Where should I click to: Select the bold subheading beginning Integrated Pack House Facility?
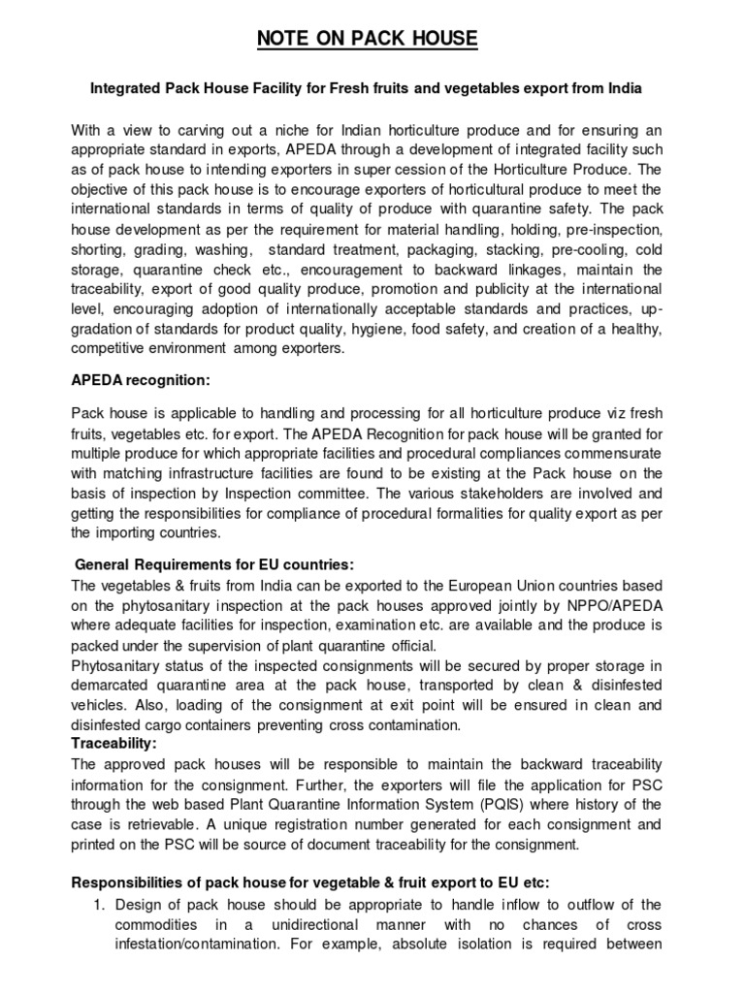pyautogui.click(x=367, y=87)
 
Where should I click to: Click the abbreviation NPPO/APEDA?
pyautogui.click(x=617, y=605)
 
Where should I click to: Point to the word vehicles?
pyautogui.click(x=103, y=706)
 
